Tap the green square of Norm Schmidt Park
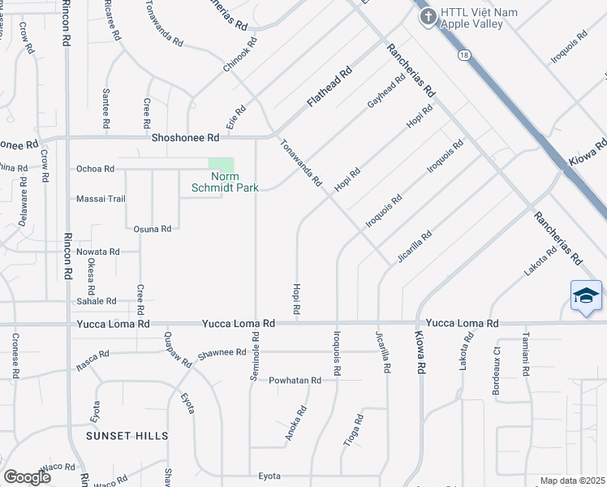(x=221, y=165)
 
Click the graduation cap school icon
(x=585, y=296)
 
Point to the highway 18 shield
(x=463, y=54)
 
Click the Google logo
(x=27, y=477)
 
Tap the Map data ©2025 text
(x=572, y=481)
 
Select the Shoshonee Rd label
(x=186, y=138)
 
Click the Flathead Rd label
(x=329, y=88)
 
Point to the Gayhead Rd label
(x=386, y=93)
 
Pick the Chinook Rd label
(x=241, y=54)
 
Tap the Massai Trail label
(x=101, y=199)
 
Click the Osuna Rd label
(x=153, y=229)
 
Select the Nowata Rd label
(x=97, y=252)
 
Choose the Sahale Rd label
(x=97, y=301)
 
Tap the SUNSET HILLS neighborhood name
(x=128, y=436)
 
